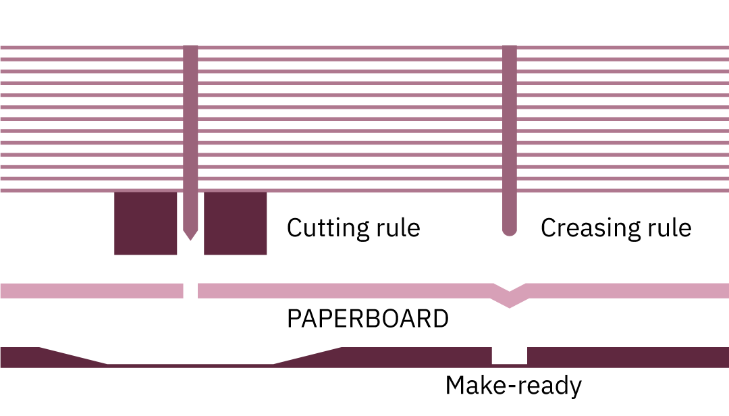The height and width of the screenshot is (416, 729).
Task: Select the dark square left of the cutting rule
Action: [x=145, y=223]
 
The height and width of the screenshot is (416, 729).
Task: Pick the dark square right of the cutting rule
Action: [x=235, y=223]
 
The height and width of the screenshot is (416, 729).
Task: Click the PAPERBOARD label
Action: [x=368, y=319]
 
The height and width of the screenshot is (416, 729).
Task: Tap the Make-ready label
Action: [x=513, y=386]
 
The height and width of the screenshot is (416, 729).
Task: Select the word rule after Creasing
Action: [x=668, y=228]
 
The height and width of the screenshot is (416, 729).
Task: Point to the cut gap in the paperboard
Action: [x=190, y=290]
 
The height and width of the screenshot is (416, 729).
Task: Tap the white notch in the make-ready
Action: [x=509, y=355]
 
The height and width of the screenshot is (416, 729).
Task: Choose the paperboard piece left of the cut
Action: [x=91, y=290]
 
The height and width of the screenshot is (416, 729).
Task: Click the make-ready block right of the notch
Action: [x=628, y=357]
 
